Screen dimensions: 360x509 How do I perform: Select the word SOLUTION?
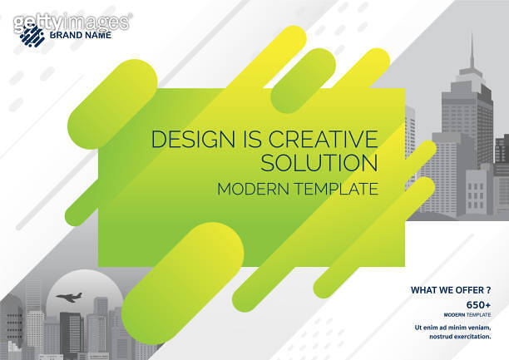click(x=319, y=162)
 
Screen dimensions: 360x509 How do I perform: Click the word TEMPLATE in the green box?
click(x=336, y=189)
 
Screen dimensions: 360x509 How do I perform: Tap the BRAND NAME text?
click(x=81, y=35)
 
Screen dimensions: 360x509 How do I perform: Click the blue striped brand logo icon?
click(x=32, y=34)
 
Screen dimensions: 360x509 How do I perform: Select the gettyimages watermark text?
click(x=72, y=21)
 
